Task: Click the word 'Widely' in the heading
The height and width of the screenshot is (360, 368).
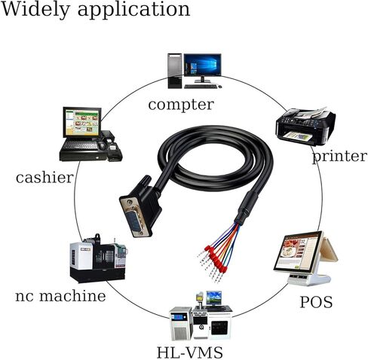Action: coord(35,10)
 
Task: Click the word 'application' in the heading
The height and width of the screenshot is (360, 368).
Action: coord(133,11)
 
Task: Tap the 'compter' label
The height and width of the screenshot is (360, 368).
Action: coord(181,105)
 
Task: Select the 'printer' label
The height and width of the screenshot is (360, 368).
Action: coord(339,157)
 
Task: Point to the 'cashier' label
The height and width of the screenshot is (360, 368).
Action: coord(44,177)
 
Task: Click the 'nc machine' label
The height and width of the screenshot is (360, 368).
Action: coord(60,296)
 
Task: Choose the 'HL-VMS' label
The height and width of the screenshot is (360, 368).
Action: coord(190,352)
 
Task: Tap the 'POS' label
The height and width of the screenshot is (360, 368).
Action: coord(316,302)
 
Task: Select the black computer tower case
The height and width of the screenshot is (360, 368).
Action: coord(175,71)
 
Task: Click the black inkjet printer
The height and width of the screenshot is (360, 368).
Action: coord(305,126)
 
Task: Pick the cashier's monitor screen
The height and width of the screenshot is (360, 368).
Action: coord(81,122)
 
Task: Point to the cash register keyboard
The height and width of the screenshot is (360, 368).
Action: coord(80,145)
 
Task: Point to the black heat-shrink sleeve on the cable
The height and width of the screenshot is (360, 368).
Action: coord(246,208)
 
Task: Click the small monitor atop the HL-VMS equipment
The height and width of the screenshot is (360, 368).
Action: coord(214,298)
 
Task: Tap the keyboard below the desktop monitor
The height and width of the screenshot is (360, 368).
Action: coord(201,87)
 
